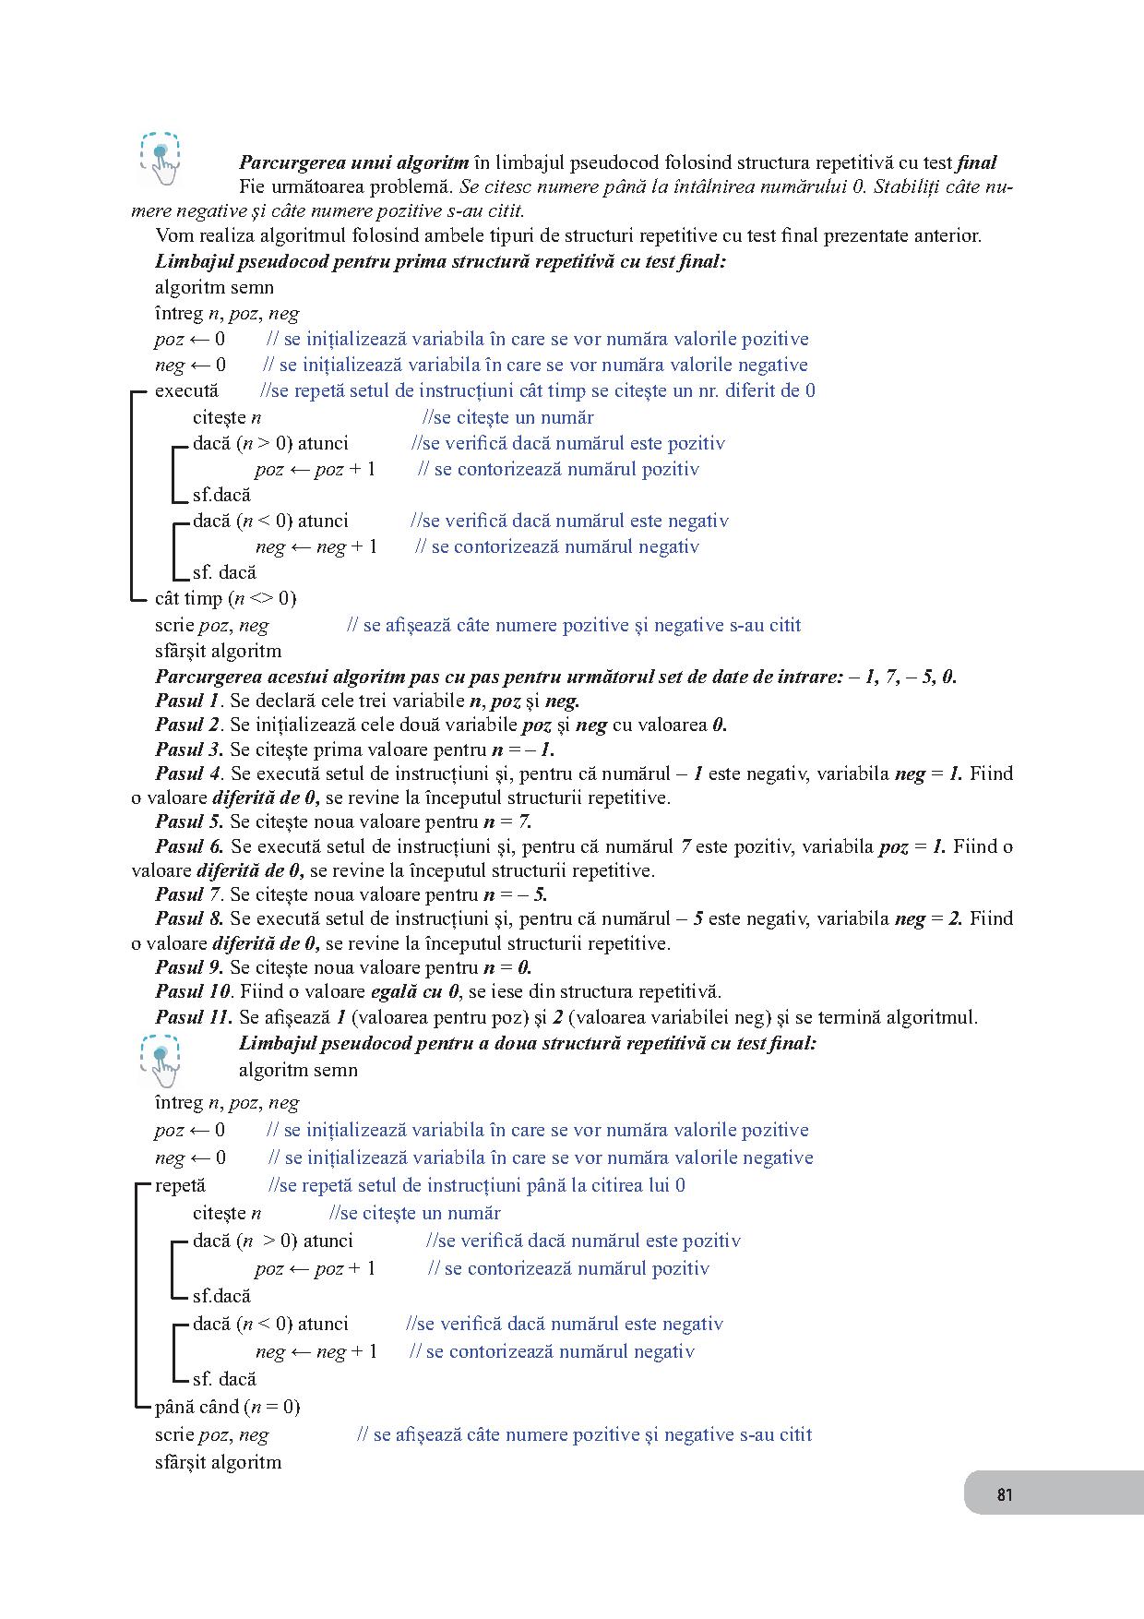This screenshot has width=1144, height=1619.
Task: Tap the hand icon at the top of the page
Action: point(161,157)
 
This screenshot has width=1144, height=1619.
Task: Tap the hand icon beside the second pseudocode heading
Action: point(161,1059)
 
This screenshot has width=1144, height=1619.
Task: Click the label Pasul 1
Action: point(188,700)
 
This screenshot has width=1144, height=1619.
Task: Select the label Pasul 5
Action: point(189,821)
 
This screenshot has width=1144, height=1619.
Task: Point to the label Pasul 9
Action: point(189,967)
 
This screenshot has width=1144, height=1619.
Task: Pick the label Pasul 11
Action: point(194,1017)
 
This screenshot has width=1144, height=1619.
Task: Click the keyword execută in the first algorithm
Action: point(186,390)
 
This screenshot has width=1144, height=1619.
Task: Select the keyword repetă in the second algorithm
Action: point(180,1185)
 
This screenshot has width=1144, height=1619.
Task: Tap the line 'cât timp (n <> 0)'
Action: point(226,598)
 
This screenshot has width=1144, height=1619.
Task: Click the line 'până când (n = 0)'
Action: point(227,1407)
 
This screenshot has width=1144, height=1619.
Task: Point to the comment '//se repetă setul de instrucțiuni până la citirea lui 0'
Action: point(476,1185)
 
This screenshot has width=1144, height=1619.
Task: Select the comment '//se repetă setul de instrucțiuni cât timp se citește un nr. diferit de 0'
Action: point(538,390)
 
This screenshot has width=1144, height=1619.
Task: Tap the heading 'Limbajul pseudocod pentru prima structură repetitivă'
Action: point(441,261)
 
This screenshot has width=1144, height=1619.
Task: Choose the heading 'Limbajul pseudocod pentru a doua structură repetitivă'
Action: point(528,1043)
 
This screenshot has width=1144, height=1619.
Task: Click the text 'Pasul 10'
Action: point(193,991)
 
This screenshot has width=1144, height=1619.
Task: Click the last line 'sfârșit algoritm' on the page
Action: point(218,1462)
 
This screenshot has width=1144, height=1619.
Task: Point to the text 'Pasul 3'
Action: point(189,749)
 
